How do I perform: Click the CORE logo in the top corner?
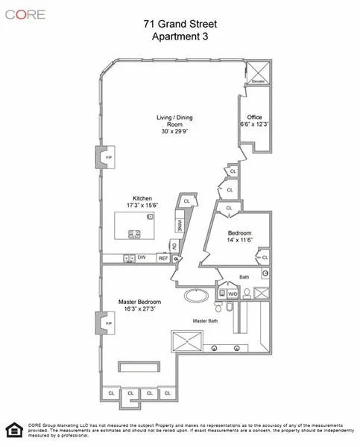(25, 14)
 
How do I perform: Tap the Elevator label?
(258, 80)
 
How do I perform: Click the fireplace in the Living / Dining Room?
(101, 158)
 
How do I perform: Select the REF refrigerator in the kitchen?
(162, 258)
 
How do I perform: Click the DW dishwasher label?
(141, 258)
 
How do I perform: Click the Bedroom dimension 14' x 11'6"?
(239, 241)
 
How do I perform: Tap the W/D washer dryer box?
(232, 294)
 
